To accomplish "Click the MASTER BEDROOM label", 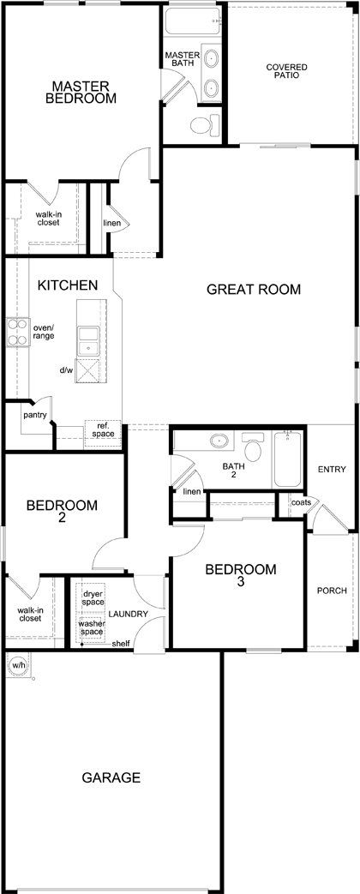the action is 81,92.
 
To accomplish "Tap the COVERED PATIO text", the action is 286,70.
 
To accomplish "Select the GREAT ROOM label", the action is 254,289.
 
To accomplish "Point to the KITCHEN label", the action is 68,285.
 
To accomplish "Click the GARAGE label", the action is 111,777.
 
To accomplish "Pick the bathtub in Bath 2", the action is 287,459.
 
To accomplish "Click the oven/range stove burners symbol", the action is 18,332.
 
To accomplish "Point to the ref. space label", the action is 103,430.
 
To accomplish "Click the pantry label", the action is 35,415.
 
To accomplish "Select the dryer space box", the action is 93,598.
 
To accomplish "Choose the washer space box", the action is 92,627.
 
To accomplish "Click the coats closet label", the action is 301,502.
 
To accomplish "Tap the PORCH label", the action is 332,591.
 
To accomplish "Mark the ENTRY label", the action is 332,470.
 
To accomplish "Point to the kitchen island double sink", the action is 88,341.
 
